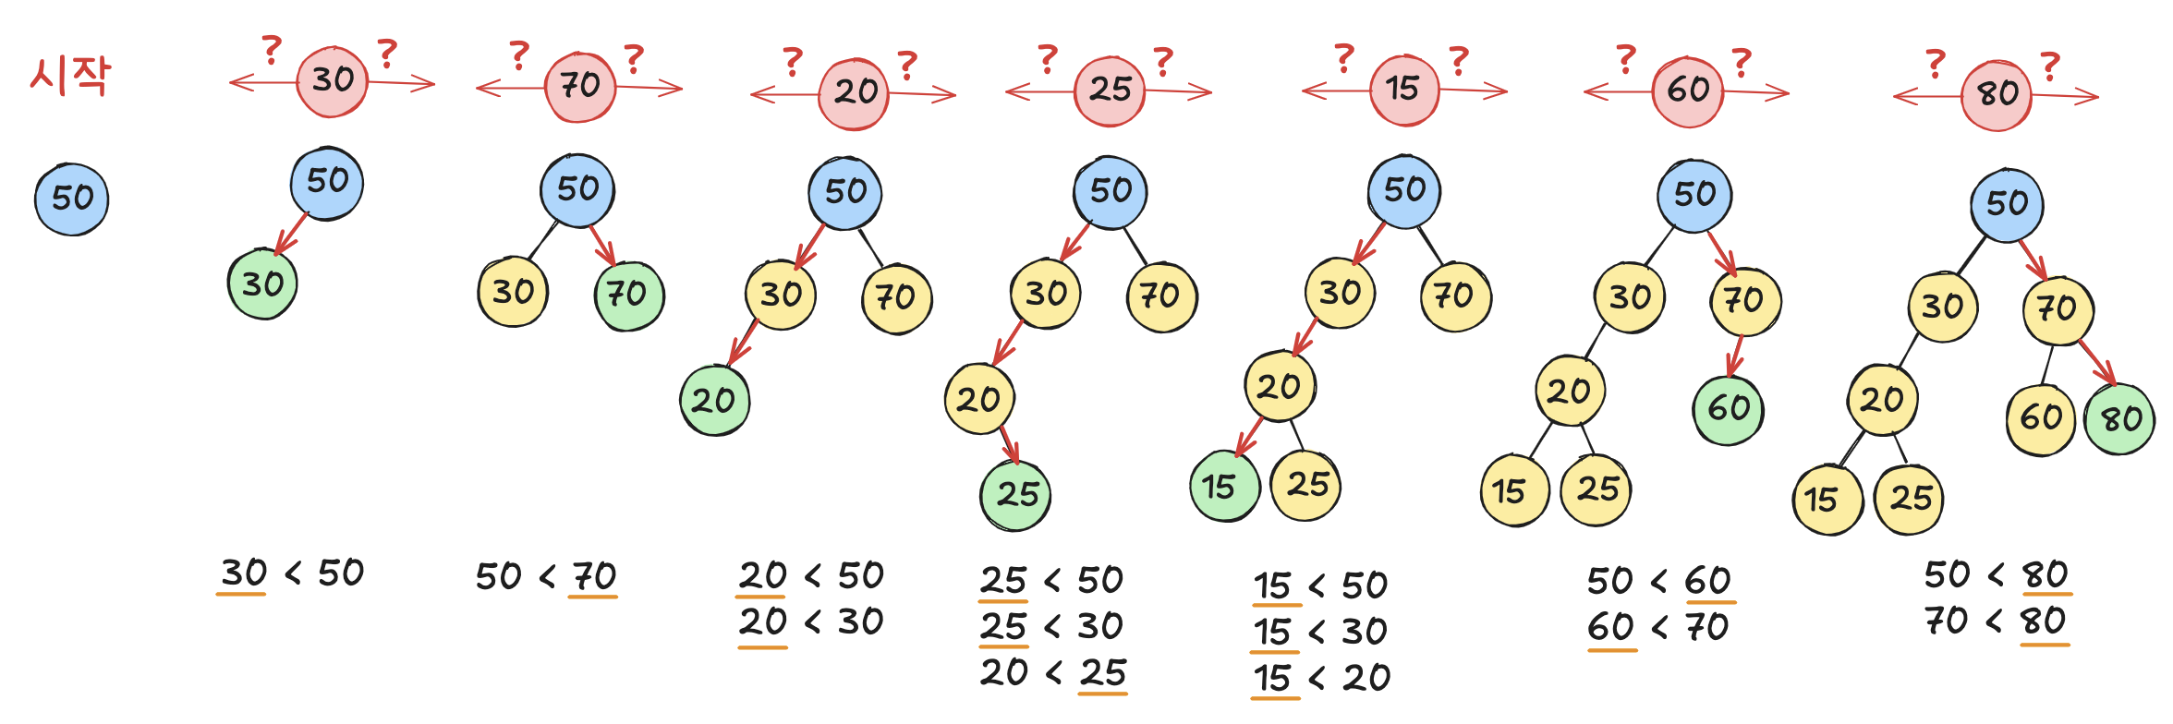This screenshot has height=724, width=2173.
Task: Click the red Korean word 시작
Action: (70, 75)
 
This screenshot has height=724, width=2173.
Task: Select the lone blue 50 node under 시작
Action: (72, 199)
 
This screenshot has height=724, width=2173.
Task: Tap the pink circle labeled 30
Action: (332, 81)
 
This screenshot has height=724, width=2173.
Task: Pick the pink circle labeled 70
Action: (580, 87)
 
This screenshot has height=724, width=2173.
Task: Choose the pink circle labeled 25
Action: (1110, 90)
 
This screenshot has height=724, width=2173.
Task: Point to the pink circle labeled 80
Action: (1996, 95)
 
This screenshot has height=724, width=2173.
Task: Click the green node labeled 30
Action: (262, 284)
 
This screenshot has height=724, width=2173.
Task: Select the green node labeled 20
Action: (714, 401)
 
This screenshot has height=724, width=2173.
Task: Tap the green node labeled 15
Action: (1224, 486)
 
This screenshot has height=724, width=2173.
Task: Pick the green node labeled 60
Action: (1728, 409)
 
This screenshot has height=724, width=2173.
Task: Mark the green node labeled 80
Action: (2119, 420)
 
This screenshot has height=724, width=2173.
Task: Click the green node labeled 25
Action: (1015, 495)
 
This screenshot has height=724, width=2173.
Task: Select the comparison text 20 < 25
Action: (1053, 673)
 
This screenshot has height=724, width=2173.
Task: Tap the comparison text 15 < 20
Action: (1321, 679)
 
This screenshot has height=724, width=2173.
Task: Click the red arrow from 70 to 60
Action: (1736, 356)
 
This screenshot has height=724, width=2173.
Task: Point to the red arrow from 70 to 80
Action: (2097, 363)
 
